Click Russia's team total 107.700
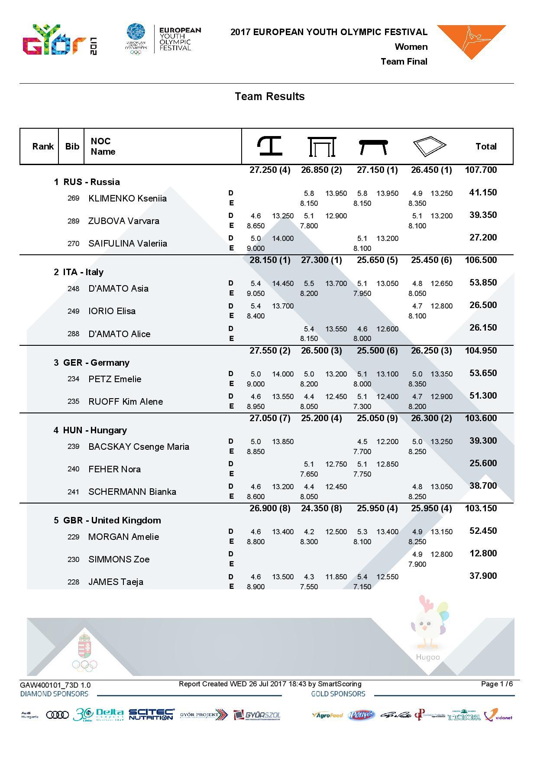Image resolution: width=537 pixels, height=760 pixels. [481, 170]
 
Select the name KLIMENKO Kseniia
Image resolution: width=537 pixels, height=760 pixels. [127, 198]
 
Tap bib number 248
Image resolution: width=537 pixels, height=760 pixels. [74, 289]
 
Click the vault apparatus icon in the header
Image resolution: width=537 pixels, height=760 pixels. [269, 146]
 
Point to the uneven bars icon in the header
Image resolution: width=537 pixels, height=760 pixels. [322, 146]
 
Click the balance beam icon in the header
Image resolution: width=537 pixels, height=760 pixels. [373, 147]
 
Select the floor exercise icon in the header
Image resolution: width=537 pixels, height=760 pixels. [429, 146]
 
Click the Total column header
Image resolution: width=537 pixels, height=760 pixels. [486, 146]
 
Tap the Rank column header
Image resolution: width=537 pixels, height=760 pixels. [43, 146]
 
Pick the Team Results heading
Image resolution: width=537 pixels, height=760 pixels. [269, 96]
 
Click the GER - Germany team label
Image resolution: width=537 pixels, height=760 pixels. [91, 363]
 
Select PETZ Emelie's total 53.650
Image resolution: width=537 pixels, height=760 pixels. [483, 373]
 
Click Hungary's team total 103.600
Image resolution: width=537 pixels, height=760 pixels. [481, 418]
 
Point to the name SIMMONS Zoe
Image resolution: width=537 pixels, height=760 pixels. [119, 559]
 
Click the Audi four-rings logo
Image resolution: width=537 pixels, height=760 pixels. [57, 715]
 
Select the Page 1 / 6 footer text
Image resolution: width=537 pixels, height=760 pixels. [497, 684]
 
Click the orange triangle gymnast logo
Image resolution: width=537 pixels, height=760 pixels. [471, 41]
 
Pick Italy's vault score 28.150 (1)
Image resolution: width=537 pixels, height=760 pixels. [270, 260]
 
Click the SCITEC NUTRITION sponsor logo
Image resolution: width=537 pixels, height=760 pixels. [152, 715]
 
